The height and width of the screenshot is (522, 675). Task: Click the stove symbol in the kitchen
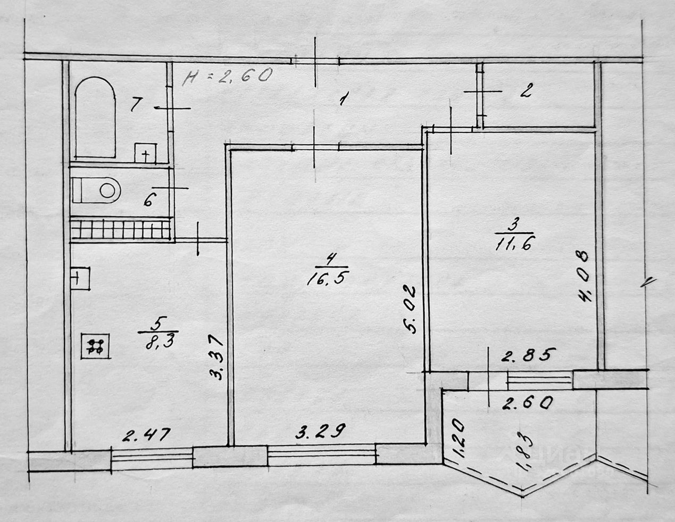click(x=96, y=346)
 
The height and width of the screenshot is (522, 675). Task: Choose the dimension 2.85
click(x=529, y=355)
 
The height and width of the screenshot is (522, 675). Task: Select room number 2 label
click(x=524, y=92)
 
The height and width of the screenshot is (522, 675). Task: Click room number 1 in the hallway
click(x=345, y=99)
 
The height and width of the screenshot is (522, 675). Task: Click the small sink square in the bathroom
click(x=145, y=153)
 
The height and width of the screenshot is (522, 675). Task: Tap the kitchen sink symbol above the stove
click(x=80, y=278)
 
